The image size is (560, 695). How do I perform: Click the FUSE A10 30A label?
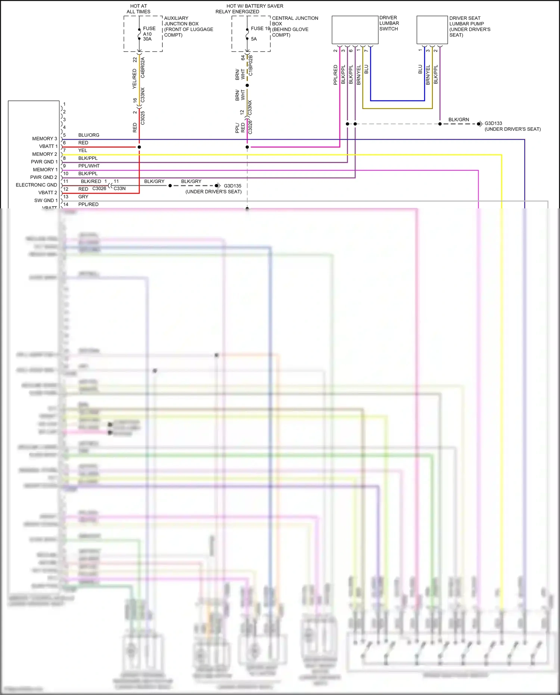149,34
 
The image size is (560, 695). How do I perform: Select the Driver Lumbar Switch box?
355,30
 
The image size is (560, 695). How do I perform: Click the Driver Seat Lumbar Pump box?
432,30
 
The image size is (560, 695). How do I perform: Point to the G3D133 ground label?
493,123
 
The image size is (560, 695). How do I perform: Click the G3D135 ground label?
232,186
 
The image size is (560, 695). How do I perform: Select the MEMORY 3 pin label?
44,139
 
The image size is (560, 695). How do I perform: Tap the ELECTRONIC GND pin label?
36,185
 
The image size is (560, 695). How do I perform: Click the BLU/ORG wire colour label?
88,135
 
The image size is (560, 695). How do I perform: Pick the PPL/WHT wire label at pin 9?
89,166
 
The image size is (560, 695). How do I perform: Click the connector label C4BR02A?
143,68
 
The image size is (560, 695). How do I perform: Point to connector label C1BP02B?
251,65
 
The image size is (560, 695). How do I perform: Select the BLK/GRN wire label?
458,120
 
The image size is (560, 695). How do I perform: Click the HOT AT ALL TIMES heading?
139,9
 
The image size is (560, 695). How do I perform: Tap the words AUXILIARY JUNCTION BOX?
181,21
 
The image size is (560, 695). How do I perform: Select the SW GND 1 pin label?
46,201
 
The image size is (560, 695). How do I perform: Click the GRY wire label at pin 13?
83,197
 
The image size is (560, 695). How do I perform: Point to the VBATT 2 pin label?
48,193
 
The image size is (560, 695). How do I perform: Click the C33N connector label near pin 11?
119,189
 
